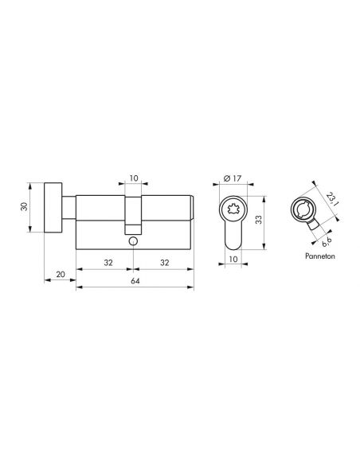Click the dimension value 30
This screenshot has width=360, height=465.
point(25,206)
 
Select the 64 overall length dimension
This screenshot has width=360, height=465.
point(135,280)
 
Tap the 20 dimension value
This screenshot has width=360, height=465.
point(61,274)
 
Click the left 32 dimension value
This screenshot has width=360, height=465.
point(108,263)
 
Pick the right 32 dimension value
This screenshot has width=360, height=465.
point(164,263)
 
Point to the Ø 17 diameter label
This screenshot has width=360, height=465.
point(233,178)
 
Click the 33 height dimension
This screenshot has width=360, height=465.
point(259,220)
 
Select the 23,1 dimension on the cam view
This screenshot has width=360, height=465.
point(331,199)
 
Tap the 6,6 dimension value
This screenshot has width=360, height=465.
point(327,242)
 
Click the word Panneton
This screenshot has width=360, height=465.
point(320,256)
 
